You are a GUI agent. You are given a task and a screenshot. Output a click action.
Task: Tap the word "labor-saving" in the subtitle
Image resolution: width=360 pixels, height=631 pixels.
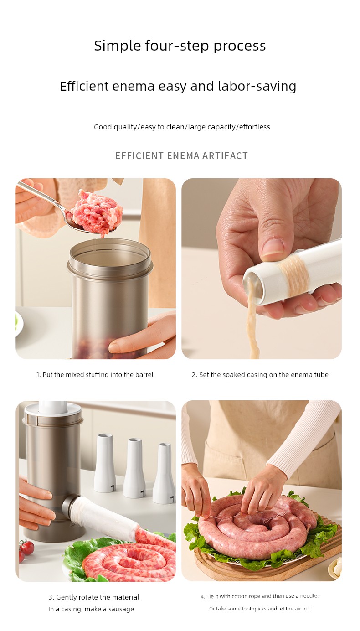(257, 86)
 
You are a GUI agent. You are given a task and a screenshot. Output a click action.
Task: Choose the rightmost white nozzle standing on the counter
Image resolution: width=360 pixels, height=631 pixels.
(164, 473)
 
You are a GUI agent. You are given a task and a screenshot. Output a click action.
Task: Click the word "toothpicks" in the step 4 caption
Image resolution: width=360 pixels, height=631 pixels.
(254, 609)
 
